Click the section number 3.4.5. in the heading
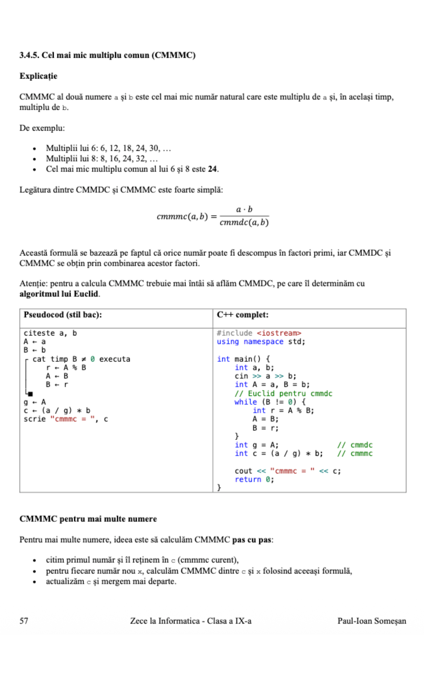point(29,55)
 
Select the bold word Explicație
point(38,76)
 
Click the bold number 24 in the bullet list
point(212,169)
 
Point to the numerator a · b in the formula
point(244,209)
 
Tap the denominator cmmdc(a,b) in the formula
point(244,222)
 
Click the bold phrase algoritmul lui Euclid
point(59,294)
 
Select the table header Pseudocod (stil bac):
point(63,315)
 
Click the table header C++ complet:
point(242,315)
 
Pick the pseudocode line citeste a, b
point(50,333)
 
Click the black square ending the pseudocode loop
point(30,394)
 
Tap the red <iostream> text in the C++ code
point(279,333)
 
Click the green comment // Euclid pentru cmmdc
point(283,393)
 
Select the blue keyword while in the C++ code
point(245,402)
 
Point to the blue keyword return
point(248,479)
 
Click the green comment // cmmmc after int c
point(355,453)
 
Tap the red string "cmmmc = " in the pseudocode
point(72,419)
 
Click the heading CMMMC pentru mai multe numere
point(88,519)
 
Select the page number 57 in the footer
point(24,621)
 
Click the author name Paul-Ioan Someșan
point(371,621)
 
